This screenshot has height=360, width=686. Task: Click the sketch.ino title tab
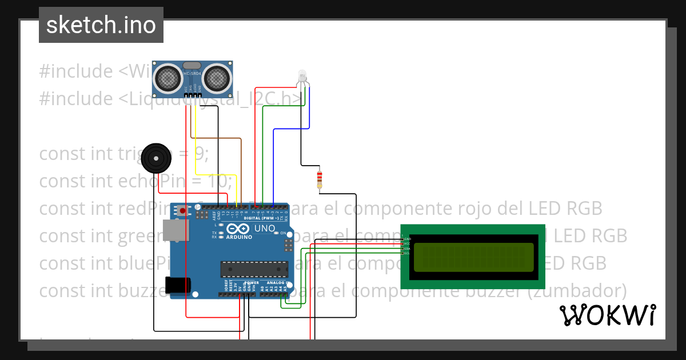tap(101, 25)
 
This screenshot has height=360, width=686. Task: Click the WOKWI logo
tap(607, 315)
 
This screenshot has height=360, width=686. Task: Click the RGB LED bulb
tap(302, 75)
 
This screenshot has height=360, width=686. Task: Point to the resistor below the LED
tap(319, 179)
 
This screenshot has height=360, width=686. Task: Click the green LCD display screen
tap(473, 257)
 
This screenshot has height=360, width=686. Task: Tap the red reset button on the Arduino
tap(182, 211)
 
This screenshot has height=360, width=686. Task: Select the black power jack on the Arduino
tap(177, 285)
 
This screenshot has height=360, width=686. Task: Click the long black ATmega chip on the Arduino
tap(254, 269)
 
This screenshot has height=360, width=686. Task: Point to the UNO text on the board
tap(264, 228)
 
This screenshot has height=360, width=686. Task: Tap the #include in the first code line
tap(76, 71)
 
